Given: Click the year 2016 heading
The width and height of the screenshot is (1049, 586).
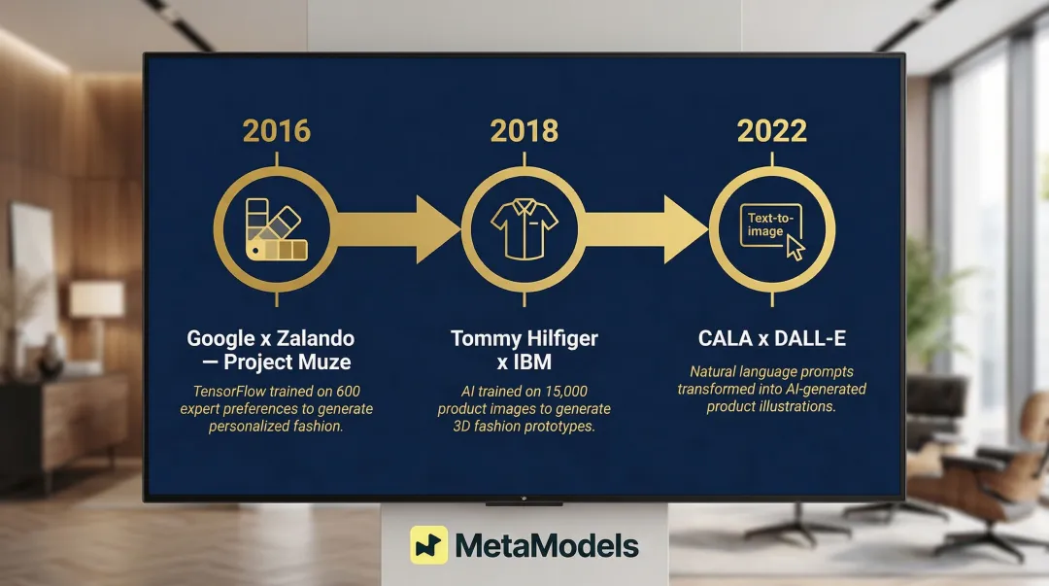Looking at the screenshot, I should pyautogui.click(x=276, y=131).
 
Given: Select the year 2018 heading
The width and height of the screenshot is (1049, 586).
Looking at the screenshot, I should pyautogui.click(x=524, y=131).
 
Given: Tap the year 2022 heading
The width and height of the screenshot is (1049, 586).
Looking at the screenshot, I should pyautogui.click(x=771, y=131).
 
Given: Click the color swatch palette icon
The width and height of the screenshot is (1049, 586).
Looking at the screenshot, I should pyautogui.click(x=274, y=229).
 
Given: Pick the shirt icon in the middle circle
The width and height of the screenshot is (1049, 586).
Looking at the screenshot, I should pyautogui.click(x=524, y=229).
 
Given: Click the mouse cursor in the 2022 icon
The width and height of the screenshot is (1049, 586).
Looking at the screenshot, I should pyautogui.click(x=795, y=248).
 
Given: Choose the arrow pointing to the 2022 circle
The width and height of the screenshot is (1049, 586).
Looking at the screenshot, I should pyautogui.click(x=646, y=229).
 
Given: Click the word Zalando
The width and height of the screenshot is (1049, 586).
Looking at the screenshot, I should pyautogui.click(x=314, y=339).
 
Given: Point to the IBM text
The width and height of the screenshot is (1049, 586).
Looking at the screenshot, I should pyautogui.click(x=533, y=362).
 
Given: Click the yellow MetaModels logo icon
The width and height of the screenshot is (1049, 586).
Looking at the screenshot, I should pyautogui.click(x=428, y=545).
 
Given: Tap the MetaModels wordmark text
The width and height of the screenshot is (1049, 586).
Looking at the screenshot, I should pyautogui.click(x=547, y=546).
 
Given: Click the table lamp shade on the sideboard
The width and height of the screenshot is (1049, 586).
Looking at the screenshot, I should pyautogui.click(x=95, y=298).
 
